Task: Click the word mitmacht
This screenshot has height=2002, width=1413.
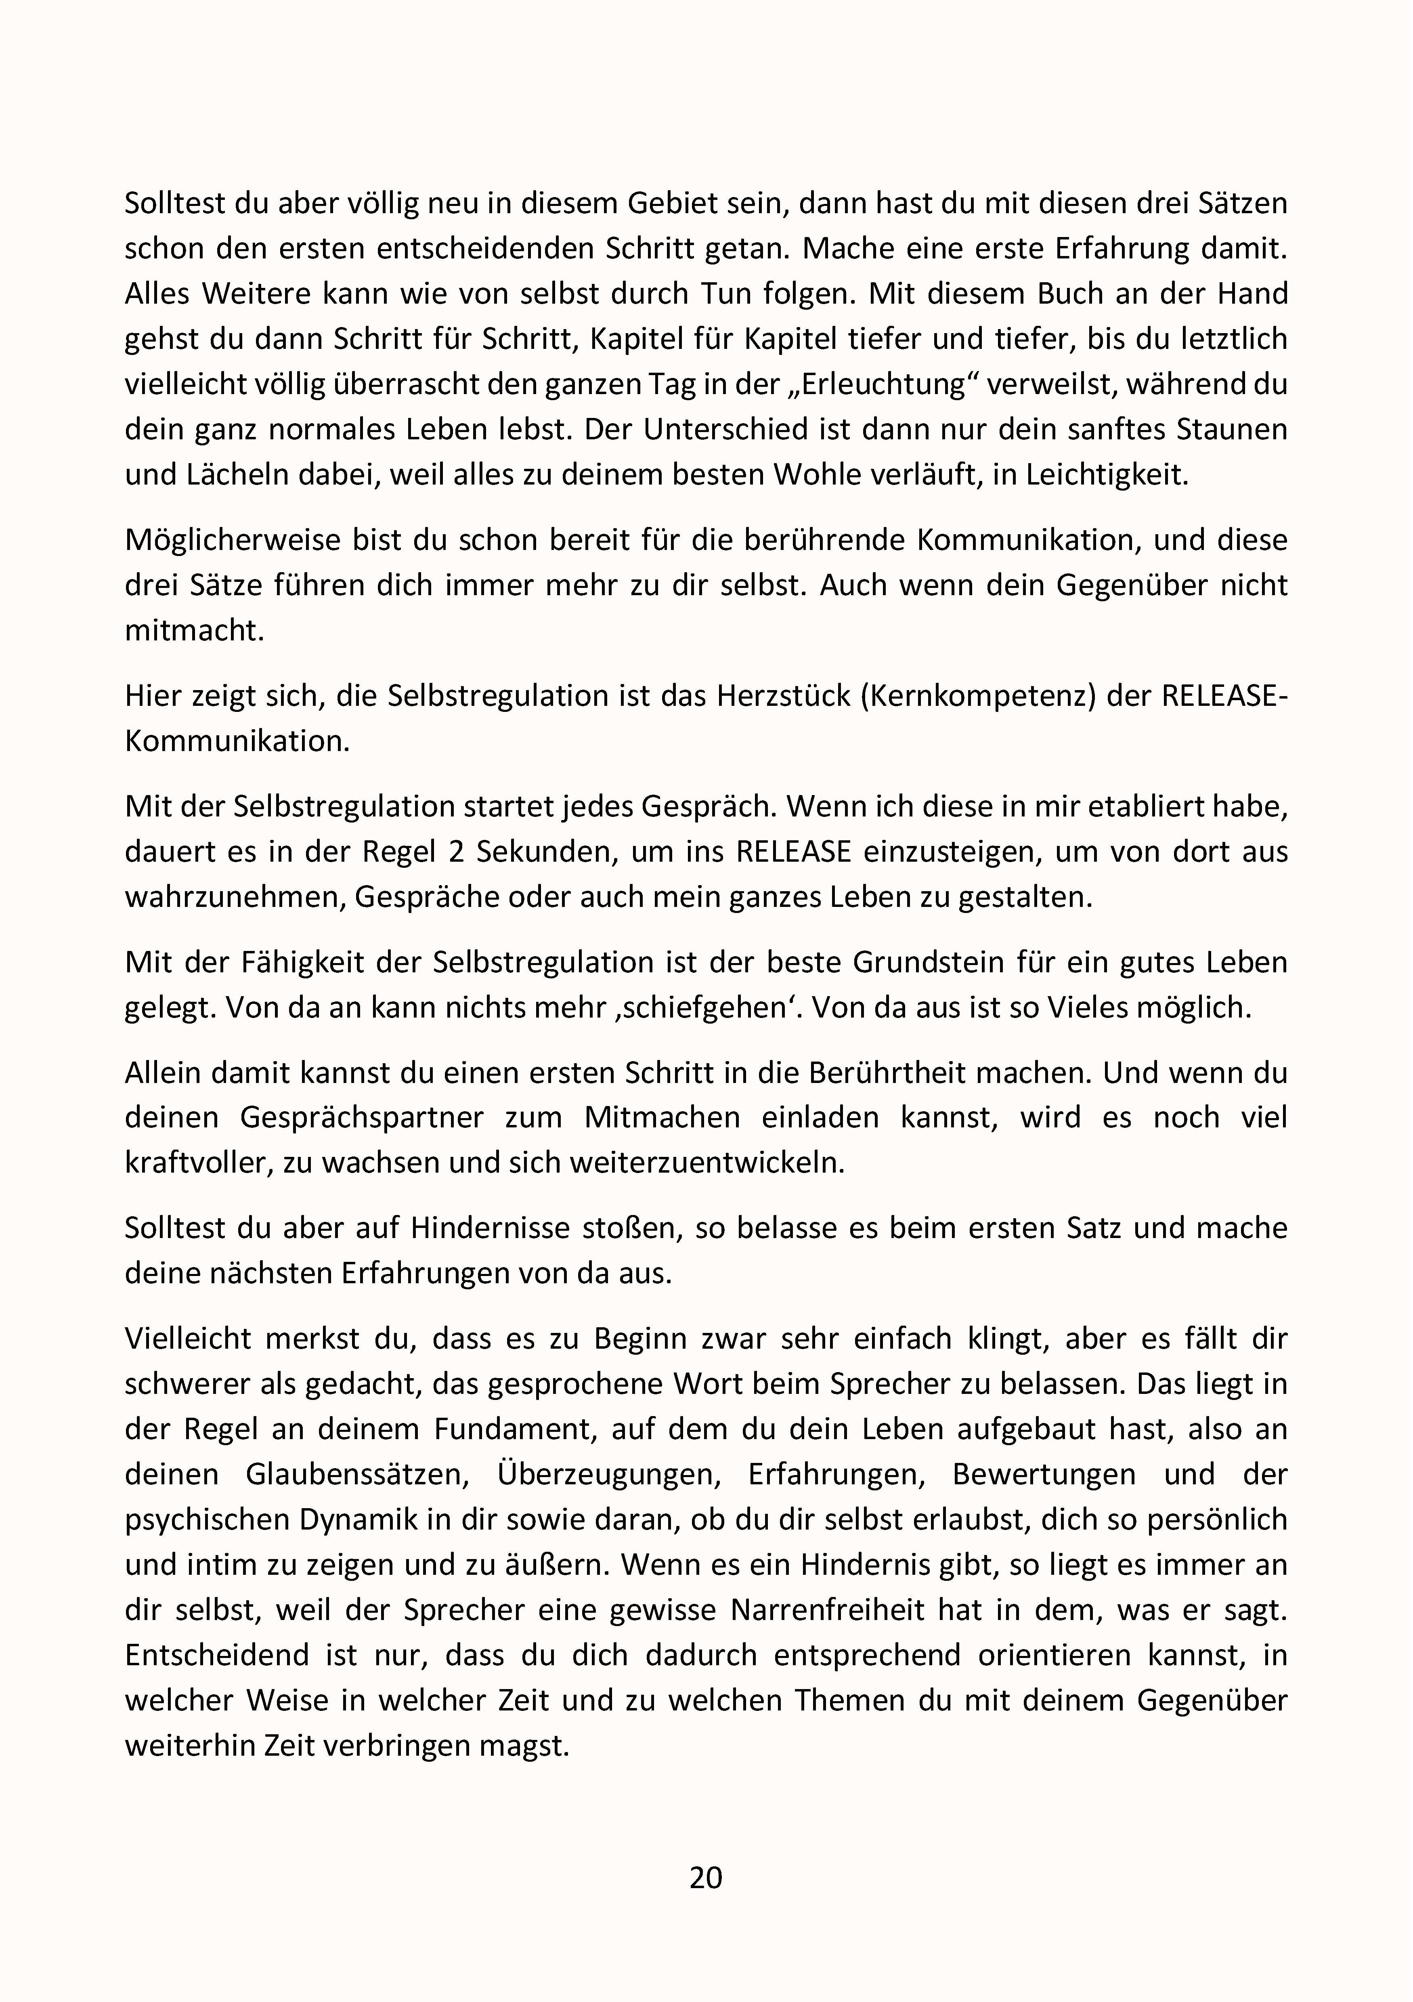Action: [x=193, y=630]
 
